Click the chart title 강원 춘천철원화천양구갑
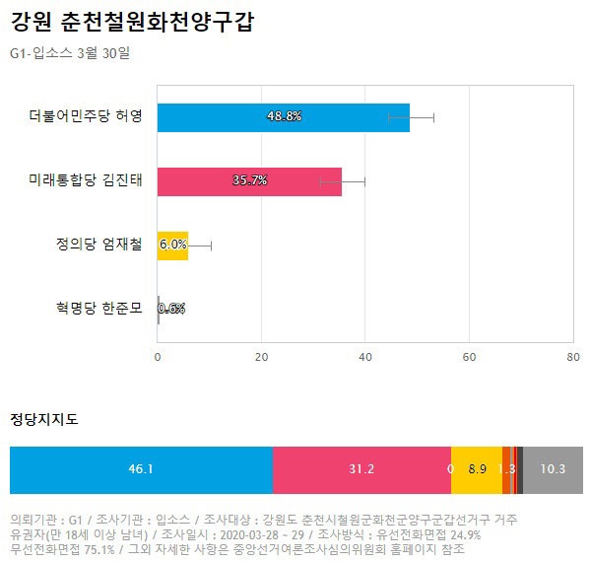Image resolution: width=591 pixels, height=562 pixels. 132,22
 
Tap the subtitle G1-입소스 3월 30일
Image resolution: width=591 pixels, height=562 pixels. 70,53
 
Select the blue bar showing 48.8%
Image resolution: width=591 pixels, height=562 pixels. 284,117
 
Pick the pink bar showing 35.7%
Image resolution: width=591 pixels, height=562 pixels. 249,181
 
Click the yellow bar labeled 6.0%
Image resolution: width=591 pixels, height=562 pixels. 172,246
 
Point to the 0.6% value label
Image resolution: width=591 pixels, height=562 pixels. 171,309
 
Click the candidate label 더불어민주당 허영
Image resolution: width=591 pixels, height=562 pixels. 86,115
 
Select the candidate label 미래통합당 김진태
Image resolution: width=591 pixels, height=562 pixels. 86,179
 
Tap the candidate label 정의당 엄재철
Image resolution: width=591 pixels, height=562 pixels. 99,245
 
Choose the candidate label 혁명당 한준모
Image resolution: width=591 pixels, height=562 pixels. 99,309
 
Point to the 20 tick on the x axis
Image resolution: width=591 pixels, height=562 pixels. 261,357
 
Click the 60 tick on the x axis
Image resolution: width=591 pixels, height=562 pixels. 469,357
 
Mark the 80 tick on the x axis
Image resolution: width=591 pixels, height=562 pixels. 573,357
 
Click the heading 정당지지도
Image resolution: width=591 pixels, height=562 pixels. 44,419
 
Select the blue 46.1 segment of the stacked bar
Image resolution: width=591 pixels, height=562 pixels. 141,470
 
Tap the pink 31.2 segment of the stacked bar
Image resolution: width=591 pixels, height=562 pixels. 361,470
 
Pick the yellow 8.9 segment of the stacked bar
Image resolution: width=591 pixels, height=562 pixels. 477,470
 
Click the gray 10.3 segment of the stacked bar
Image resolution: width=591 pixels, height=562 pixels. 553,470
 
